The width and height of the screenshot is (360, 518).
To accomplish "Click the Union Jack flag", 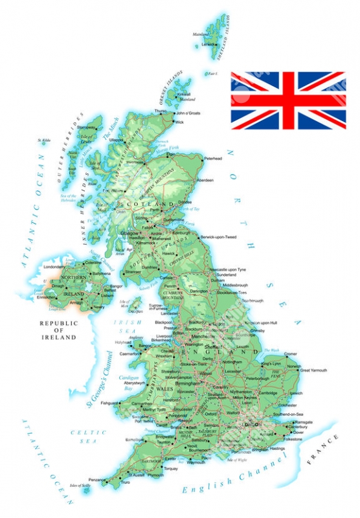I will (x=288, y=100).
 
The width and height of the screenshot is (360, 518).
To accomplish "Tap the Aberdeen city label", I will (x=205, y=179).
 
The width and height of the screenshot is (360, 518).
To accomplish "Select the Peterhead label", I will (x=213, y=158).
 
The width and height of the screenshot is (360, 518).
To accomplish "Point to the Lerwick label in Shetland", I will (x=208, y=44).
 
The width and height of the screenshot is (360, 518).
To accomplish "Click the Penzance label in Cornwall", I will (x=97, y=480).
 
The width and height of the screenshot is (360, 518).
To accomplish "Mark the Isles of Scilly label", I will (x=80, y=486).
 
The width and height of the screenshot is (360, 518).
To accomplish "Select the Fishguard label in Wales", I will (x=109, y=402).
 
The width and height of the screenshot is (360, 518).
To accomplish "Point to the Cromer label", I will (x=291, y=354).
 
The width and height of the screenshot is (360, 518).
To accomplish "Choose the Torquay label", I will (x=172, y=468).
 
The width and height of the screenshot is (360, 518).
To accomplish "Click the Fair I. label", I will (x=212, y=73).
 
